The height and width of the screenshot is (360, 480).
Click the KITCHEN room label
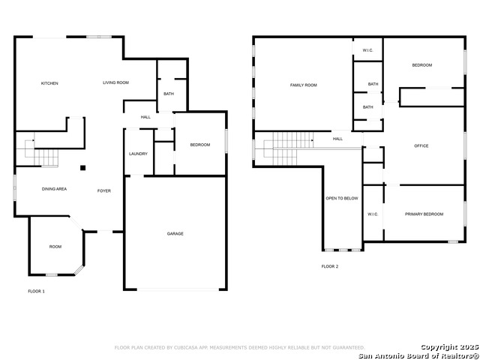pyautogui.click(x=49, y=83)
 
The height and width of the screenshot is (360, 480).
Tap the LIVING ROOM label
pyautogui.click(x=116, y=82)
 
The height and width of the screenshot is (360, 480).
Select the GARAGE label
pyautogui.click(x=175, y=234)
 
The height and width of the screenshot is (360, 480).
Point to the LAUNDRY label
pyautogui.click(x=138, y=154)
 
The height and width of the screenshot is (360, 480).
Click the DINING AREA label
pyautogui.click(x=54, y=189)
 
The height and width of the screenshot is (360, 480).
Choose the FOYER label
pyautogui.click(x=104, y=191)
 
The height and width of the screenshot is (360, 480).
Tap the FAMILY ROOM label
pyautogui.click(x=304, y=85)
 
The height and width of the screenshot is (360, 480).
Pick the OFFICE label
pyautogui.click(x=421, y=145)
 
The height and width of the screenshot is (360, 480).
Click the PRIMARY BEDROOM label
pyautogui.click(x=424, y=214)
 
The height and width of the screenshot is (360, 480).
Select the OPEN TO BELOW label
pyautogui.click(x=342, y=199)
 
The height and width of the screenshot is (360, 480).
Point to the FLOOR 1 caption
pyautogui.click(x=36, y=291)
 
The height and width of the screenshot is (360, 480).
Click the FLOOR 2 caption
pyautogui.click(x=330, y=266)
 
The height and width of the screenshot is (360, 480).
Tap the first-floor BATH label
pyautogui.click(x=169, y=94)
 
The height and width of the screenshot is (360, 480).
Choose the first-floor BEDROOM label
pyautogui.click(x=200, y=145)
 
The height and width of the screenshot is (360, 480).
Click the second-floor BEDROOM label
pyautogui.click(x=422, y=65)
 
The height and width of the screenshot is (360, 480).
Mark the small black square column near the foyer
pyautogui.click(x=83, y=167)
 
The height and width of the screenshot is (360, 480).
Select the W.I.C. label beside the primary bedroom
pyautogui.click(x=373, y=214)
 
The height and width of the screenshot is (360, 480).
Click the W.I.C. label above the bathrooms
pyautogui.click(x=368, y=50)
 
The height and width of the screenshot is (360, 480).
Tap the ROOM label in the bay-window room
pyautogui.click(x=55, y=247)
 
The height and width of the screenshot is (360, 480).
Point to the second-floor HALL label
pyautogui.click(x=338, y=139)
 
